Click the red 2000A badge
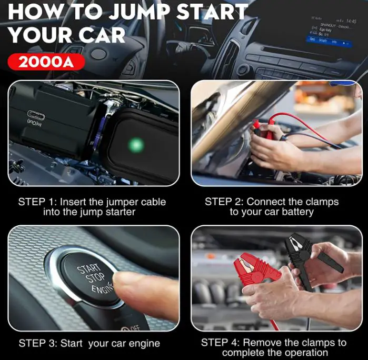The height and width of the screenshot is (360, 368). pyautogui.click(x=46, y=62)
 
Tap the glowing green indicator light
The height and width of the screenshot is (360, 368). pyautogui.click(x=136, y=143)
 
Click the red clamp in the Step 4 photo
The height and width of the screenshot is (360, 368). pyautogui.click(x=258, y=271)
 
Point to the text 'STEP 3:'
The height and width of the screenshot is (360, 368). pyautogui.click(x=38, y=343)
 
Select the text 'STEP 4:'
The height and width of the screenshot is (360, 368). pyautogui.click(x=221, y=343)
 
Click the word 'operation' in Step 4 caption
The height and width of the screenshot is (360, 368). pyautogui.click(x=303, y=353)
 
